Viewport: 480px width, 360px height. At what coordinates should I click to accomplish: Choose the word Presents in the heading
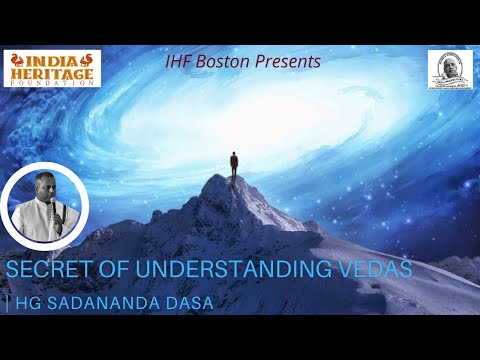290,62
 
